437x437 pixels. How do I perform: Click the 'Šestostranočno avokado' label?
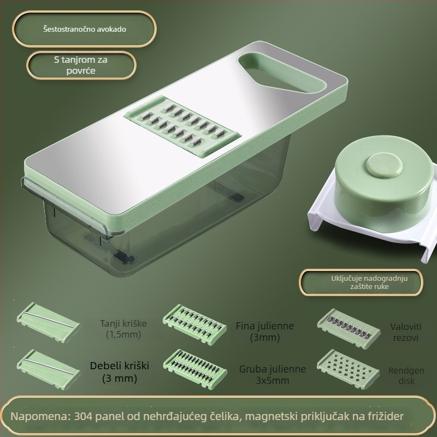(x=85, y=29)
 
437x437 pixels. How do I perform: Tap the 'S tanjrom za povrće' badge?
(x=81, y=65)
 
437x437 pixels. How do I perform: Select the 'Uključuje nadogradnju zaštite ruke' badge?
(x=361, y=282)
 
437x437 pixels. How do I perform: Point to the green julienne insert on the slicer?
(x=182, y=126)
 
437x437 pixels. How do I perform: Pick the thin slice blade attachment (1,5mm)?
(x=49, y=322)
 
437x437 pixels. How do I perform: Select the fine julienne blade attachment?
(x=194, y=324)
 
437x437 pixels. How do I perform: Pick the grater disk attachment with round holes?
(x=349, y=369)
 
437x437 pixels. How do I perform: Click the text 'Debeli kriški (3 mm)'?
(x=120, y=372)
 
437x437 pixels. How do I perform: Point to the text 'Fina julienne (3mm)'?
(x=265, y=332)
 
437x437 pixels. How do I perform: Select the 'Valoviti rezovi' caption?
(x=405, y=332)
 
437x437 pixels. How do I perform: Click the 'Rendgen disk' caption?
(x=406, y=376)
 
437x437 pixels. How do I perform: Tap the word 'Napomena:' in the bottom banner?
(x=40, y=416)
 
